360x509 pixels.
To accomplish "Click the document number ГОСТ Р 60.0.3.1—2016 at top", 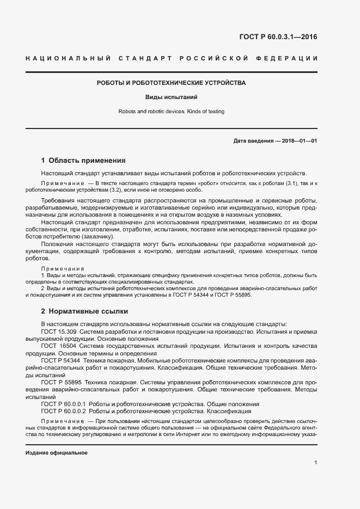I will pyautogui.click(x=278, y=37).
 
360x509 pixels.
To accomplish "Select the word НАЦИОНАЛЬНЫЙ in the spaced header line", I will pyautogui.click(x=69, y=58).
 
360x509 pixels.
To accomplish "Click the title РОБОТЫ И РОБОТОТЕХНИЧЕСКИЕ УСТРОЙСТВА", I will pyautogui.click(x=171, y=83).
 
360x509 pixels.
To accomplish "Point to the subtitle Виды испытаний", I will pyautogui.click(x=171, y=97).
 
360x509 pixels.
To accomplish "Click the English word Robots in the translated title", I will pyautogui.click(x=127, y=112).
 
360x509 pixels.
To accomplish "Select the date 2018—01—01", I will pyautogui.click(x=298, y=141).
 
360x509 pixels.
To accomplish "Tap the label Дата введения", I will pyautogui.click(x=253, y=141).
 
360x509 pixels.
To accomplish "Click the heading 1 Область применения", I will pyautogui.click(x=83, y=161).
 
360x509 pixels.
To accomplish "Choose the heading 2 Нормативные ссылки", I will pyautogui.click(x=84, y=311).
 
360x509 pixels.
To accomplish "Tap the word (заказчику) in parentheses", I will pyautogui.click(x=96, y=237).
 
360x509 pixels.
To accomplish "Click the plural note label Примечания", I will pyautogui.click(x=63, y=269).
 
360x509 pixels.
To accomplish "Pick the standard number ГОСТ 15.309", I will pyautogui.click(x=59, y=332).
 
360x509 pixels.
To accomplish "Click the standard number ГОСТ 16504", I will pyautogui.click(x=59, y=346).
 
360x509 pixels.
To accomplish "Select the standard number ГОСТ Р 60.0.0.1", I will pyautogui.click(x=64, y=404).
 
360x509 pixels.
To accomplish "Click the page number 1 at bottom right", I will pyautogui.click(x=315, y=463).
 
